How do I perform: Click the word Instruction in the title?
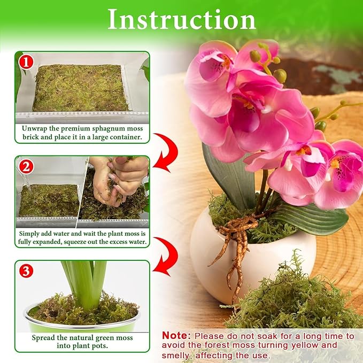[x=181, y=20]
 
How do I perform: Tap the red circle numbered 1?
[x=26, y=62]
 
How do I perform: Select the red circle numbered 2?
[x=26, y=166]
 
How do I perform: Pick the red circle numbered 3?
[x=26, y=271]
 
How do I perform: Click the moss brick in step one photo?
[x=80, y=88]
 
